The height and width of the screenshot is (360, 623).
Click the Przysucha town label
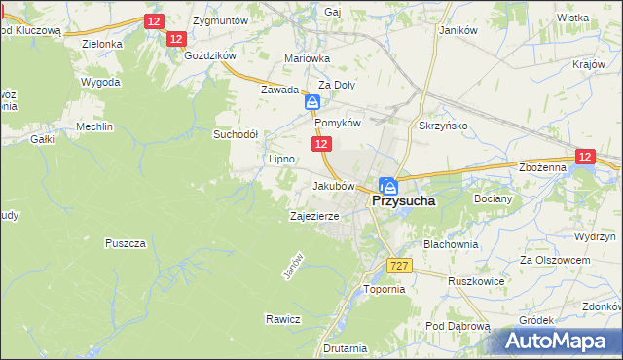[x=403, y=201]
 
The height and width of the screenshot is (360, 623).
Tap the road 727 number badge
[x=399, y=266]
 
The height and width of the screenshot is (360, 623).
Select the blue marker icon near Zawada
[x=312, y=102]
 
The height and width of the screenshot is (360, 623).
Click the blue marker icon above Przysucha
[x=388, y=185]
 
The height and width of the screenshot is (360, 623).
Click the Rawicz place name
[x=283, y=319]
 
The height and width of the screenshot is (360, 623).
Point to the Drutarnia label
[x=346, y=347]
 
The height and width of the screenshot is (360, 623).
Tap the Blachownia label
[x=451, y=244]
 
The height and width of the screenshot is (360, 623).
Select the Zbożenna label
[x=543, y=167]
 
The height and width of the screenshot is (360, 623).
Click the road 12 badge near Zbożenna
[x=584, y=156]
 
